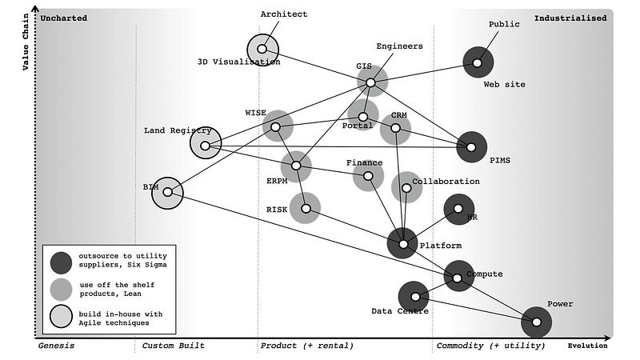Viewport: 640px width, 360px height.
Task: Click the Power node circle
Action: pos(537,322)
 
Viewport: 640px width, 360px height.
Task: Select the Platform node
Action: pos(403,244)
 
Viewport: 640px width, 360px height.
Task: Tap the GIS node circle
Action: pos(370,82)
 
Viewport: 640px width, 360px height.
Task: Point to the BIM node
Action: pos(167,192)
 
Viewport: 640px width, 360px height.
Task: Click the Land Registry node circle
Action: pos(206,146)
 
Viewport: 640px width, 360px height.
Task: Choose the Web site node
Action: pos(478,62)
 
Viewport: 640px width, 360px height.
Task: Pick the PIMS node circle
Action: pos(471,146)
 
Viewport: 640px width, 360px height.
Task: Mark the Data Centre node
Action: pos(414,297)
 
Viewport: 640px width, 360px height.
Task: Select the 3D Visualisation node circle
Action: pos(262,49)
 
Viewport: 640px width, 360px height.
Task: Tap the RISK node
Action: pos(306,208)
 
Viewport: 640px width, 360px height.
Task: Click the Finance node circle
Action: pos(368,176)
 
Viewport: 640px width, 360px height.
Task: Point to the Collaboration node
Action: pos(406,188)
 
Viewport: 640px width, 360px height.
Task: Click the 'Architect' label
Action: pos(284,14)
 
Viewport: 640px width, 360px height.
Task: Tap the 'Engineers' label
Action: pos(399,46)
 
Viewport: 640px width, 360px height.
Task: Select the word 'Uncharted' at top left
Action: pos(63,18)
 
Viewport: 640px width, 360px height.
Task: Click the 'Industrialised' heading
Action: pos(570,18)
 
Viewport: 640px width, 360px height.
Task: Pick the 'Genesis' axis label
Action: pos(57,346)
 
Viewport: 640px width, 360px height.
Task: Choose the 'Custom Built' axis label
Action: pos(174,346)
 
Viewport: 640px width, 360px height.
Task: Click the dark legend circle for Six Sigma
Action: pos(61,262)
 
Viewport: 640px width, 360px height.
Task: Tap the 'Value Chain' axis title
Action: pos(26,40)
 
